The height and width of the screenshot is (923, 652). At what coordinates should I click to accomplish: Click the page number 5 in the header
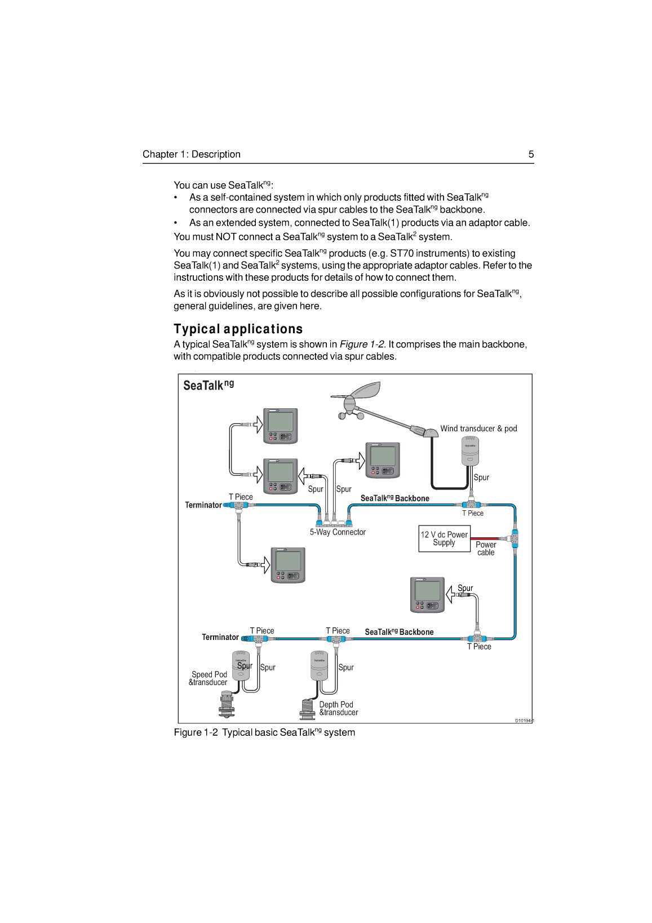click(x=530, y=154)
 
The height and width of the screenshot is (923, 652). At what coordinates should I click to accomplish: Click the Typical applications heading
click(x=238, y=329)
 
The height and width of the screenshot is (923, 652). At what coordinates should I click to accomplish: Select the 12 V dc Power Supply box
click(x=444, y=539)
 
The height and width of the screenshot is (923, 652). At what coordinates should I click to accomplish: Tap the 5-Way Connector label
click(x=338, y=532)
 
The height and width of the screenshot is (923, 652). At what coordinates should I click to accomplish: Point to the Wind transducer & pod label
click(x=478, y=429)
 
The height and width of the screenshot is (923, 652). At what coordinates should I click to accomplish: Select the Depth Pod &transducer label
click(x=338, y=709)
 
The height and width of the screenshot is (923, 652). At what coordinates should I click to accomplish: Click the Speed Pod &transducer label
click(x=209, y=678)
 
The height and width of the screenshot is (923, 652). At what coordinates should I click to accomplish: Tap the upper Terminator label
click(x=203, y=505)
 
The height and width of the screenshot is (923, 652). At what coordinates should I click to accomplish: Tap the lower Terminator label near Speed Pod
click(x=220, y=637)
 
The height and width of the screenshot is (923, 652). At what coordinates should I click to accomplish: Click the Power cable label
click(x=486, y=549)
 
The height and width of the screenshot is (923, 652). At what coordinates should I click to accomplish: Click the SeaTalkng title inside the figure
click(x=208, y=385)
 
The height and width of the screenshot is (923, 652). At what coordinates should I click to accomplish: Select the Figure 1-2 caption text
click(x=264, y=732)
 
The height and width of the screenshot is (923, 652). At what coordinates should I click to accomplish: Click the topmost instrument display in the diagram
click(x=281, y=426)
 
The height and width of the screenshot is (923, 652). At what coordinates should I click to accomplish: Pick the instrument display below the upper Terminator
click(x=288, y=565)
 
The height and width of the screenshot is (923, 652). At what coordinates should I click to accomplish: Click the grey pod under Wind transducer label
click(x=470, y=451)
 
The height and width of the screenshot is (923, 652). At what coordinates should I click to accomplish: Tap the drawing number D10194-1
click(x=524, y=721)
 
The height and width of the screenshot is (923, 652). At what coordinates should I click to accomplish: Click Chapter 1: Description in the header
click(x=192, y=154)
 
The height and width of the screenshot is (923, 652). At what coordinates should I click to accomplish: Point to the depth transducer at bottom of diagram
click(x=308, y=709)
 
